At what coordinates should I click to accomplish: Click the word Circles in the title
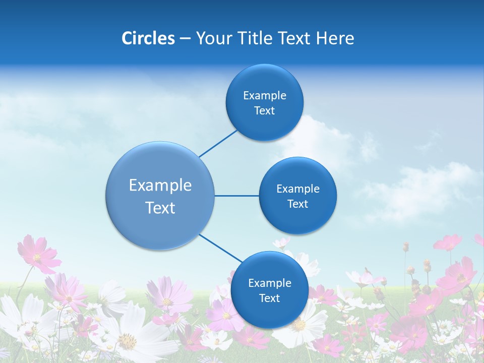[x=148, y=38]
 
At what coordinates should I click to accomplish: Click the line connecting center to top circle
[x=218, y=143]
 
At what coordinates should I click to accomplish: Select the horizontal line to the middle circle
[x=236, y=196]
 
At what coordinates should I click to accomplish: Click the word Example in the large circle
[x=160, y=186]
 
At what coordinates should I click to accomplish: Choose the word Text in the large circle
[x=160, y=208]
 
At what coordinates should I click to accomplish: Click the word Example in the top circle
[x=265, y=96]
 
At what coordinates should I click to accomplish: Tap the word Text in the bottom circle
[x=269, y=298]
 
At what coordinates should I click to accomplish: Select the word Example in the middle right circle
[x=298, y=189]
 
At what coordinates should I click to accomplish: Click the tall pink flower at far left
[x=38, y=255]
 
